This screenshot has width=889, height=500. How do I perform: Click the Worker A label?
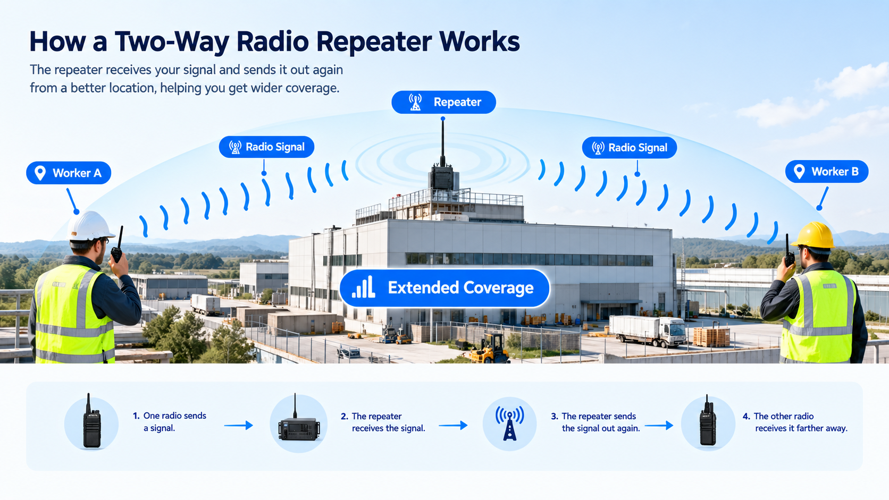click(69, 173)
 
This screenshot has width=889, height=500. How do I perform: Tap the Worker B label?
click(827, 171)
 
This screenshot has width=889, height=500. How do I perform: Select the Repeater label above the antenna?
click(444, 103)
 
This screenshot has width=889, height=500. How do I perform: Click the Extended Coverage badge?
click(444, 289)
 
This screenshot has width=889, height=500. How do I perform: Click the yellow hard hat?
click(813, 235)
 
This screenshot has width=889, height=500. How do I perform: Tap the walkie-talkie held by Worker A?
click(117, 246)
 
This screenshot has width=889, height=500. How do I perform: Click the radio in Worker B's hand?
click(789, 251)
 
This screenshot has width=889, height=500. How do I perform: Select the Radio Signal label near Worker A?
click(267, 147)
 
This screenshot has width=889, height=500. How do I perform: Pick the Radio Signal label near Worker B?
click(630, 148)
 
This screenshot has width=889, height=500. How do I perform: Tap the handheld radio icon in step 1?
click(91, 421)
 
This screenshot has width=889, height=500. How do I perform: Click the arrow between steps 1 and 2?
click(239, 426)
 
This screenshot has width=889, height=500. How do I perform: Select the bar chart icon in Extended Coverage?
click(363, 287)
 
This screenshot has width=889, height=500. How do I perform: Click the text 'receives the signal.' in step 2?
click(388, 428)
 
